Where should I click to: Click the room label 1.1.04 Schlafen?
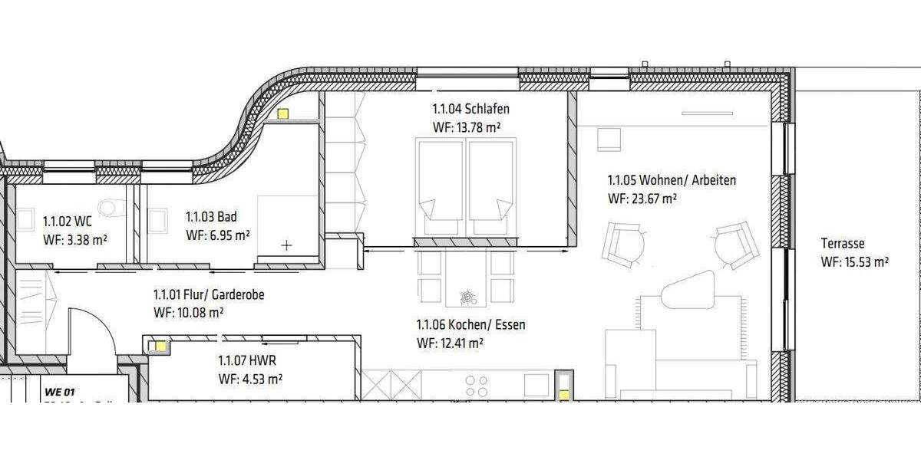click(471, 109)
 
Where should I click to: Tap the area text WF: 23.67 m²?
click(642, 199)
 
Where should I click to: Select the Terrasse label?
click(843, 244)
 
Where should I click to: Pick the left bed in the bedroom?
click(440, 188)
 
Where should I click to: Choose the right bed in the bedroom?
click(491, 188)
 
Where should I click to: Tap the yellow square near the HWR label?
click(160, 346)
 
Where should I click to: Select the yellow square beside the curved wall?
click(282, 114)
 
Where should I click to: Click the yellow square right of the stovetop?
click(564, 395)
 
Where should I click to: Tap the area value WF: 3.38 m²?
click(75, 239)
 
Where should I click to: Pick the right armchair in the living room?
click(736, 245)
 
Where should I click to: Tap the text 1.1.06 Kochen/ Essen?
click(470, 325)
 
